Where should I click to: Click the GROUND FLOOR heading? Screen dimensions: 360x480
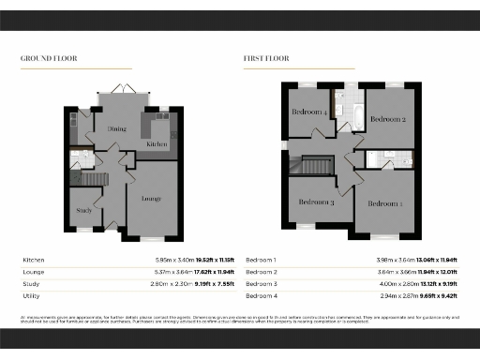point(49,58)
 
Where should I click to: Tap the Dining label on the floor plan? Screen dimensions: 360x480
point(117,129)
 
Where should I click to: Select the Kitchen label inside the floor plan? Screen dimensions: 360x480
point(157,144)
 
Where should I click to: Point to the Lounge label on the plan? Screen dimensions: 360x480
point(152,199)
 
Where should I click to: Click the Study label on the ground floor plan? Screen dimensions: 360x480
point(83,210)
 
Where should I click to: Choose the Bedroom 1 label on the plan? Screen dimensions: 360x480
point(384,203)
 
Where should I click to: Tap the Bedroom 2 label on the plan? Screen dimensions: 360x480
point(386,120)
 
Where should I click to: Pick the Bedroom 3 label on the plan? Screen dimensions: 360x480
point(317,202)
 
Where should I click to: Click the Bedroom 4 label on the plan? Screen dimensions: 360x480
point(310,112)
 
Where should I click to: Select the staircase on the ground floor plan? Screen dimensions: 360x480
point(93,178)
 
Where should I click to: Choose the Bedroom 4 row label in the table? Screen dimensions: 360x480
point(262,295)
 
